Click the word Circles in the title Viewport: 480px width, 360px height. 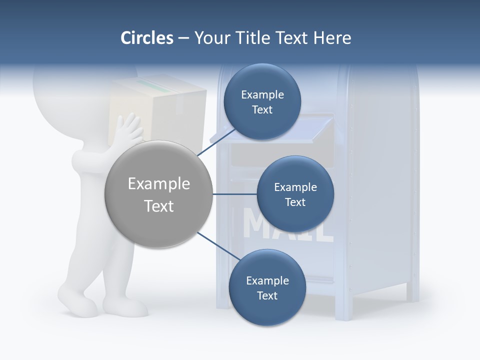coord(146,38)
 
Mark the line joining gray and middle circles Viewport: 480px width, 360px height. coord(235,194)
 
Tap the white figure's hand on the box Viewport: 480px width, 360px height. coord(127,129)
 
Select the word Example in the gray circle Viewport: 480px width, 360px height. coord(159,184)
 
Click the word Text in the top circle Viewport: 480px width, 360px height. coord(262,110)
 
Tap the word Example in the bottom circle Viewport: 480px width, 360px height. coord(267,280)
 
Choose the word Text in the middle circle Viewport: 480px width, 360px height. coord(295,202)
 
